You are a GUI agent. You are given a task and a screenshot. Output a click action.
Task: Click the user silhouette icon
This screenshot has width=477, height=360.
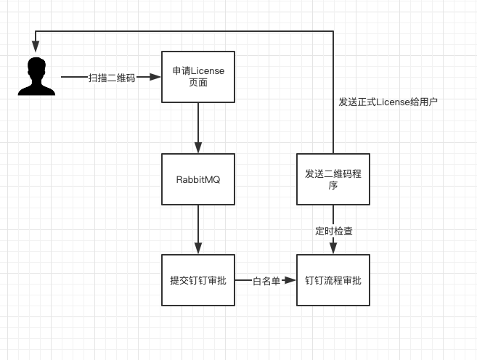click(x=36, y=76)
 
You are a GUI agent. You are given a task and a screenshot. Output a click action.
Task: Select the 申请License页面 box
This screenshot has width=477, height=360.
click(x=198, y=77)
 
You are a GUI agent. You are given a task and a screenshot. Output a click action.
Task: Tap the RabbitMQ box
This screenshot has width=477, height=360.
click(x=198, y=179)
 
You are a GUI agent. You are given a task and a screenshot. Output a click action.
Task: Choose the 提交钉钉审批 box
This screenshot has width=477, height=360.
click(x=198, y=280)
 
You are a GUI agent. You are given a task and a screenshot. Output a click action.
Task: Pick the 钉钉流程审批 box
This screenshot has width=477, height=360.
click(x=333, y=280)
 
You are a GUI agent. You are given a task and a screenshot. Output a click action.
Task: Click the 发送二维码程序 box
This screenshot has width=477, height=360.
click(x=333, y=179)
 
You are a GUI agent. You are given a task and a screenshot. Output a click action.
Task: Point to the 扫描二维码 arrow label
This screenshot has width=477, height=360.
click(x=112, y=78)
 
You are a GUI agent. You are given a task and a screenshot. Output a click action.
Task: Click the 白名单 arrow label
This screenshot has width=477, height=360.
click(x=266, y=281)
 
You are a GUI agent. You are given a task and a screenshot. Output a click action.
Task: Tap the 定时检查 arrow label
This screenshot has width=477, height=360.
click(x=334, y=231)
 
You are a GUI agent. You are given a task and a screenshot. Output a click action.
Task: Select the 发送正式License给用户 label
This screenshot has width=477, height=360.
click(x=388, y=102)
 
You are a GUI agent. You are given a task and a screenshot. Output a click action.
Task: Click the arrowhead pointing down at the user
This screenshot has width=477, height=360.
click(x=36, y=46)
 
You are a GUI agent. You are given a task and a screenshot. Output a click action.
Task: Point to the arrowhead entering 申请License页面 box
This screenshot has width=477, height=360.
click(x=155, y=77)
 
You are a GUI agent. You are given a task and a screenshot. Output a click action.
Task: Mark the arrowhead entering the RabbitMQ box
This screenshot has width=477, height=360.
click(x=198, y=147)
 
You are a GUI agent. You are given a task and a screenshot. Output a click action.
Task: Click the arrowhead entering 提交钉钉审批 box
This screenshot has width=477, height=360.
click(x=198, y=248)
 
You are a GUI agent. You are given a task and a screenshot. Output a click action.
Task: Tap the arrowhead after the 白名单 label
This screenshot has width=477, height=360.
click(x=290, y=280)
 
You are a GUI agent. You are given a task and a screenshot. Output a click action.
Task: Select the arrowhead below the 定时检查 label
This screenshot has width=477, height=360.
click(x=333, y=248)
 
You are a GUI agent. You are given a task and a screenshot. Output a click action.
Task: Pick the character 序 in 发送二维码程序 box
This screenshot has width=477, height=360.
click(x=333, y=185)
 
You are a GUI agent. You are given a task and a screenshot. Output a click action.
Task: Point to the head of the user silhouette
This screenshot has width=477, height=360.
click(x=36, y=67)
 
